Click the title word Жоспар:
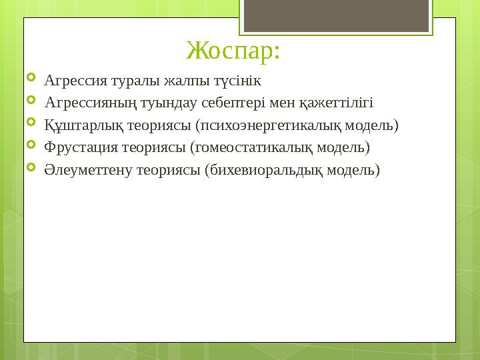pyautogui.click(x=233, y=50)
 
